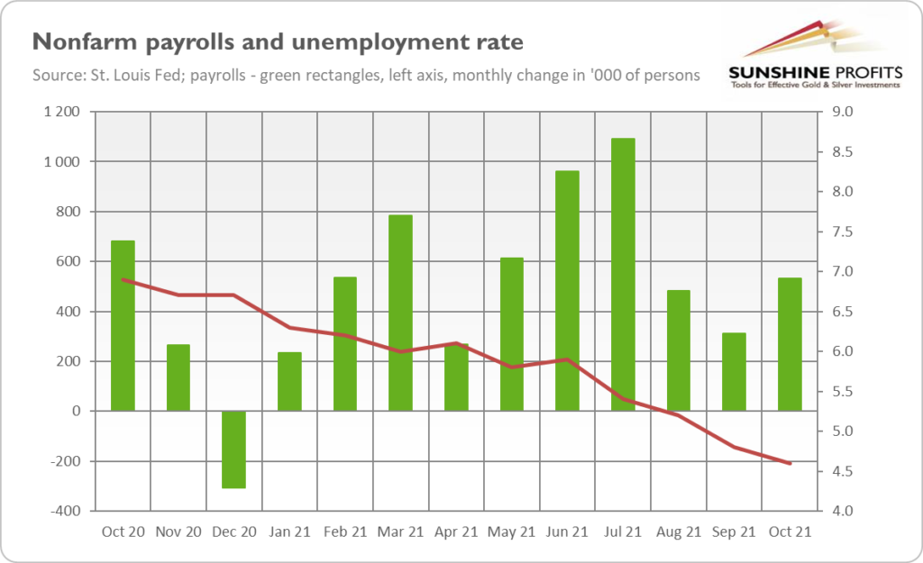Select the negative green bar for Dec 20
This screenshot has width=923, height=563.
click(x=234, y=449)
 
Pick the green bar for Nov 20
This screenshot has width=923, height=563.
click(x=178, y=377)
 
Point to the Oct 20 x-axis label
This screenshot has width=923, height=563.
click(x=123, y=531)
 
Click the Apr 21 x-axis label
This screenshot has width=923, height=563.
click(x=456, y=531)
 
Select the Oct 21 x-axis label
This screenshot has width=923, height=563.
click(x=790, y=531)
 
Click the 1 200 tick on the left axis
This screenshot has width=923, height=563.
click(x=61, y=113)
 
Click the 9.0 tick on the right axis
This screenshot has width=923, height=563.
click(x=830, y=113)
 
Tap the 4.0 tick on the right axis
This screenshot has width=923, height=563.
click(x=830, y=512)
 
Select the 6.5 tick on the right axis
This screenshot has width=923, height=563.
click(x=830, y=312)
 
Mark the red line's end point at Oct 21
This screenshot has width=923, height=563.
click(x=790, y=463)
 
